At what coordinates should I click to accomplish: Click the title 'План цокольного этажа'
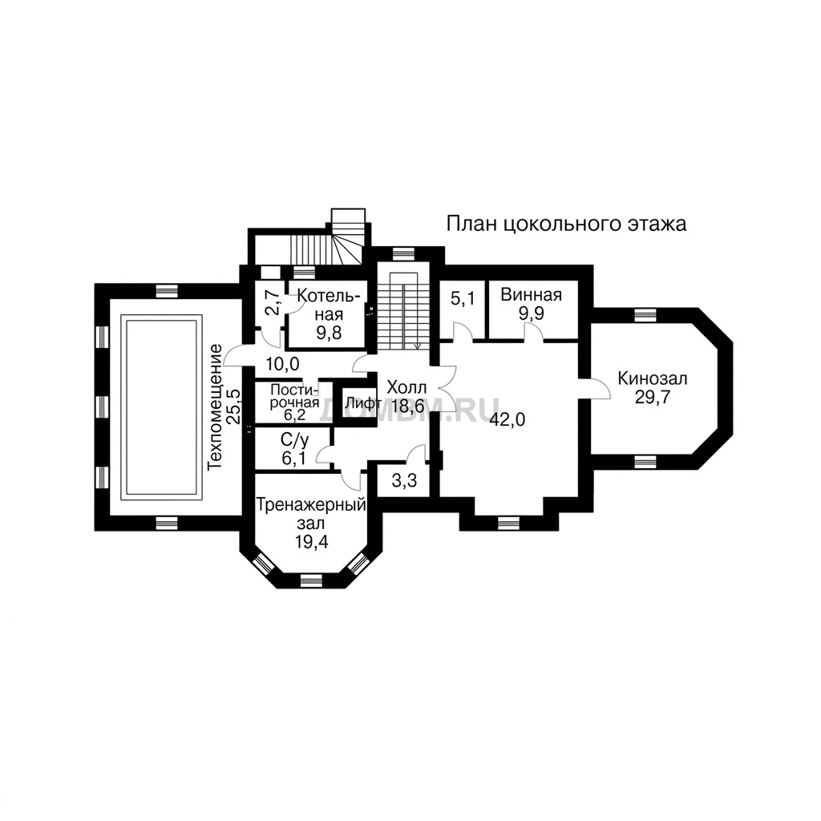(566, 224)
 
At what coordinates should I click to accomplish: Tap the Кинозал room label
(653, 378)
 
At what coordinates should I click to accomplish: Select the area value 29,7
(653, 398)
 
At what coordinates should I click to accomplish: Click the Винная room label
(531, 294)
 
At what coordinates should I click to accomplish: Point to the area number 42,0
(508, 419)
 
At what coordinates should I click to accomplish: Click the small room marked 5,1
(463, 298)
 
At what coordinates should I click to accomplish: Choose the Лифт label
(362, 404)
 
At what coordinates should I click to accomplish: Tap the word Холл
(406, 388)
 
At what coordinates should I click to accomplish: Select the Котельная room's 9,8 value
(329, 333)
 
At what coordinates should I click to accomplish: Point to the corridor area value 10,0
(282, 364)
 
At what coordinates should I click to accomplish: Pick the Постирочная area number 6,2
(295, 415)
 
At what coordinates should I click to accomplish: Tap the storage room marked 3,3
(404, 480)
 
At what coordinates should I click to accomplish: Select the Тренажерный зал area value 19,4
(311, 542)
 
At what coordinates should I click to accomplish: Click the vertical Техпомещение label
(216, 406)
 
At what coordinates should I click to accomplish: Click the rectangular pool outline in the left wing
(161, 315)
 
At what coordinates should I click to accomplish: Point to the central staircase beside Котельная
(404, 311)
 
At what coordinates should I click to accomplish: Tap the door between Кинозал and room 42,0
(595, 387)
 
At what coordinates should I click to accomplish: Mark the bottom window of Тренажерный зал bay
(311, 580)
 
